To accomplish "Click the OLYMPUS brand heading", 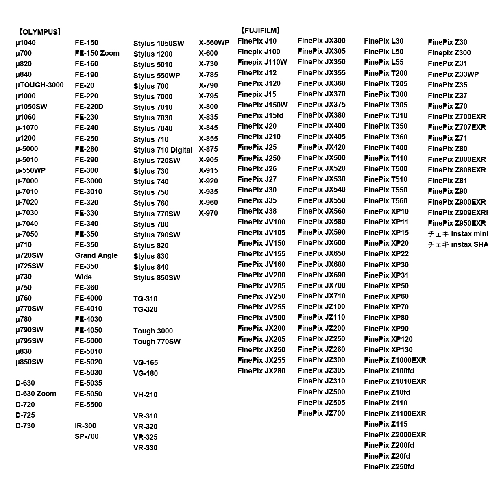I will tap(39, 32).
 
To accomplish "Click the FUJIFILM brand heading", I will tap(260, 30).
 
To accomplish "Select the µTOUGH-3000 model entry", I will tap(39, 85).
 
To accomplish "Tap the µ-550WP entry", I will tap(30, 170).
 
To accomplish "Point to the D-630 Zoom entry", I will tap(36, 394).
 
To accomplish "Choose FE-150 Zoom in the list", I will tap(97, 53).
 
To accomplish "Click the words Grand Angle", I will tap(96, 255).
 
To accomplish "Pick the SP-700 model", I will tap(87, 436).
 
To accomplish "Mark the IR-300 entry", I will tap(85, 426).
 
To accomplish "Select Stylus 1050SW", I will tap(159, 44).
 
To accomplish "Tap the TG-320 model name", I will tap(145, 309).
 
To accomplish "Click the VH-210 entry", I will tap(145, 395).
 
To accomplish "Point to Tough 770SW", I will tap(157, 342).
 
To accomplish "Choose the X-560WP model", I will tap(214, 43).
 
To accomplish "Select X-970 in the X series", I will tap(208, 213).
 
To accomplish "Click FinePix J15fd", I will tap(260, 115).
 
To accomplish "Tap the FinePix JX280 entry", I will tap(261, 371).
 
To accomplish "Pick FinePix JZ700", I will tap(321, 413).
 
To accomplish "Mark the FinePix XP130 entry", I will tap(388, 350).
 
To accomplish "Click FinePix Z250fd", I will tap(389, 467).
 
